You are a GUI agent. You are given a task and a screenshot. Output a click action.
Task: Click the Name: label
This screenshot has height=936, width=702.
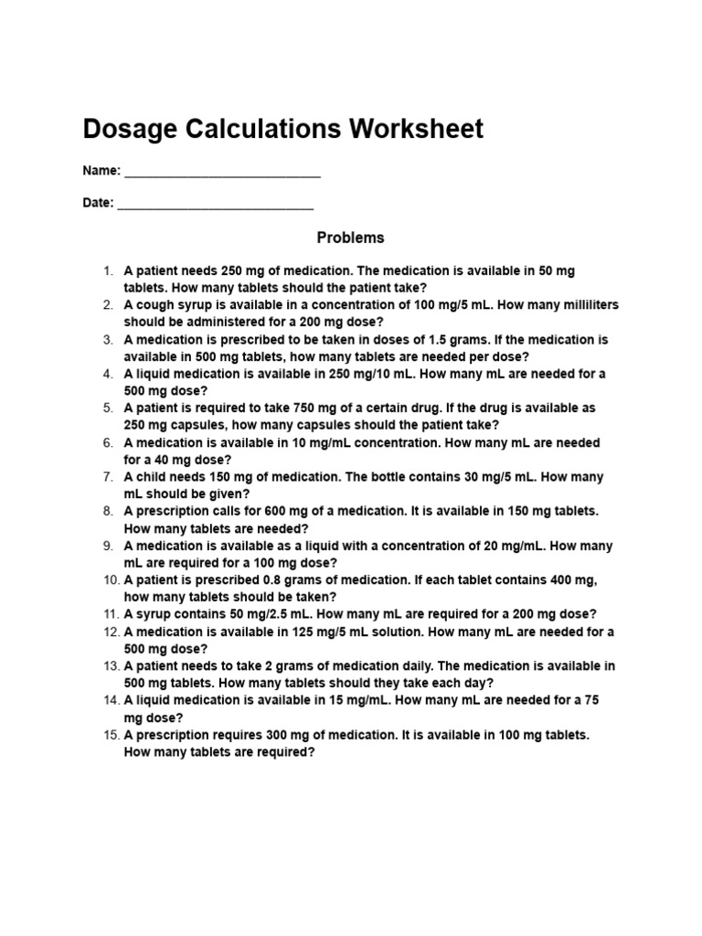click(x=101, y=171)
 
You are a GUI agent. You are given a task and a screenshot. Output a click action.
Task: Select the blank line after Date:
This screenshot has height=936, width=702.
click(x=216, y=204)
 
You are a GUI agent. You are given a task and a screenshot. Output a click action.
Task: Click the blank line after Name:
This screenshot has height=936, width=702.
click(x=222, y=172)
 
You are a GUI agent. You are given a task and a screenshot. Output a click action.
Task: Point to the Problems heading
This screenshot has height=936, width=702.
click(x=351, y=238)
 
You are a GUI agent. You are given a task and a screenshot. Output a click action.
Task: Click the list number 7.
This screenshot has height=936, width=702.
click(x=107, y=477)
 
